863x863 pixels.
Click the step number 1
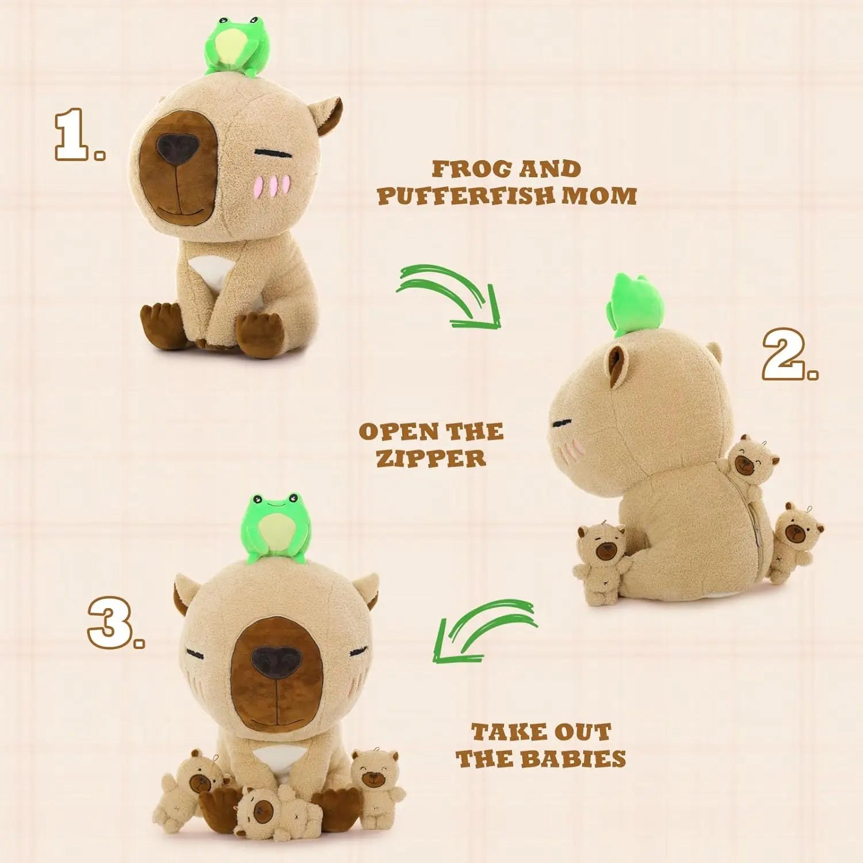(78, 136)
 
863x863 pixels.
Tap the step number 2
(788, 355)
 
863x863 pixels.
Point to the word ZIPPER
(431, 459)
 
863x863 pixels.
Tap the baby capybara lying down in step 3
(270, 811)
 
